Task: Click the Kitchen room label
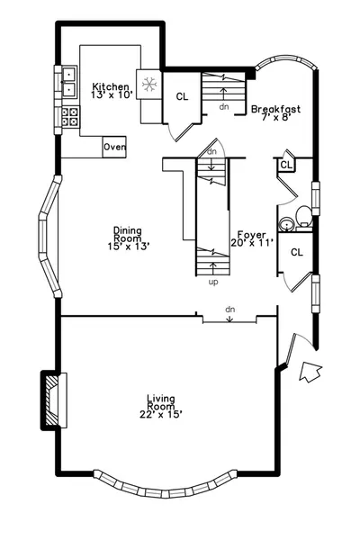point(111,86)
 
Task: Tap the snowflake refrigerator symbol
point(150,85)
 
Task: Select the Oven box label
point(114,147)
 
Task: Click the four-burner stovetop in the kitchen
point(70,117)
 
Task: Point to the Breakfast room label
point(275,109)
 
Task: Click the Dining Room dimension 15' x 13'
point(128,247)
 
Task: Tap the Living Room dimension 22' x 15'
point(160,414)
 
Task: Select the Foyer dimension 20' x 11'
point(252,243)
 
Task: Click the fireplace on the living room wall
point(54,400)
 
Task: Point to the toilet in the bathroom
point(304,216)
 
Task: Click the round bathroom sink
point(286,224)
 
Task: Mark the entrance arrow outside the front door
point(310,372)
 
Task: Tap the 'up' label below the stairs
point(213,282)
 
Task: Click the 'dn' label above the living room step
point(230,310)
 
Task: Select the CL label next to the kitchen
point(182,97)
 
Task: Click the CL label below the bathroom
point(297,252)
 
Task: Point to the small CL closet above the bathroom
point(286,165)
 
